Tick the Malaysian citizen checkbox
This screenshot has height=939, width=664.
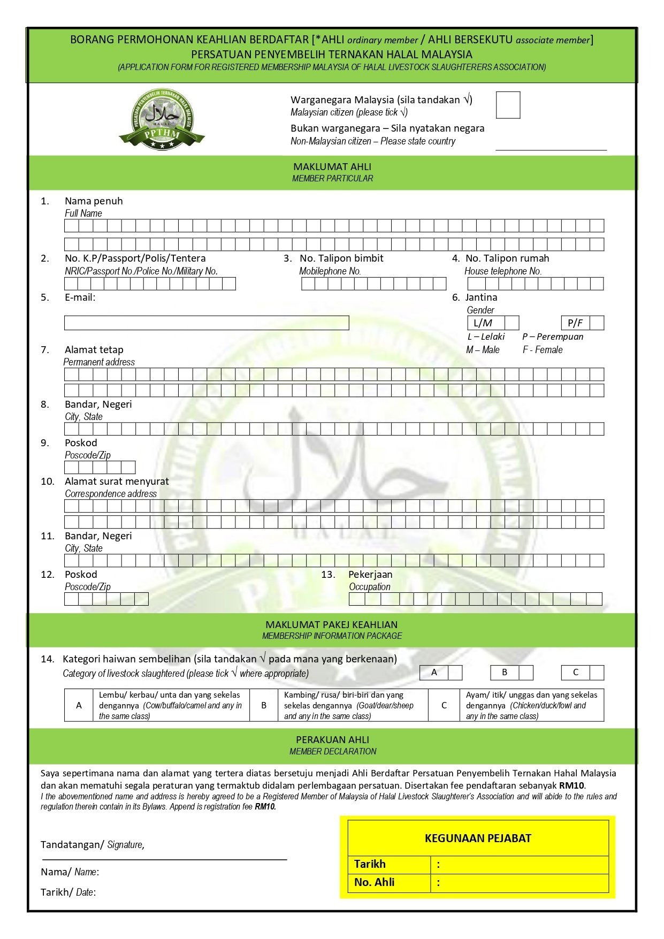click(508, 105)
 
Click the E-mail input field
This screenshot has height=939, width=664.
click(207, 323)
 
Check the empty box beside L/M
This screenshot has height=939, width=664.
click(512, 323)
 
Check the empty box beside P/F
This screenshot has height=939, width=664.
click(597, 323)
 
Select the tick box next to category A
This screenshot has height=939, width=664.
click(455, 673)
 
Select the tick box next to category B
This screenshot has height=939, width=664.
click(526, 673)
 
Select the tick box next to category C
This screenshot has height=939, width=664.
click(597, 673)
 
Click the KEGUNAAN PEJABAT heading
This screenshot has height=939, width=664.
click(478, 838)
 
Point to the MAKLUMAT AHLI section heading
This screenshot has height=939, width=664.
click(332, 167)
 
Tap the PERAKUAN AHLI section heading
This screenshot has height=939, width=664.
click(332, 739)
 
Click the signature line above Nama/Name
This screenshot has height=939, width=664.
click(164, 858)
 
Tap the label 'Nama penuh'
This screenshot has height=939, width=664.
click(94, 201)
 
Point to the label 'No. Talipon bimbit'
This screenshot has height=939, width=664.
click(341, 258)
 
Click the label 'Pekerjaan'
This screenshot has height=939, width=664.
click(370, 574)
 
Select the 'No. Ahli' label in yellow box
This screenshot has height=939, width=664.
click(375, 882)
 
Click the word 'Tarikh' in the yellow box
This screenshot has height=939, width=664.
click(370, 864)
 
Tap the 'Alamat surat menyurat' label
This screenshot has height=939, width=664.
click(117, 481)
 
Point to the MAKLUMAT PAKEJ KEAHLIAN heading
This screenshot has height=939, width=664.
click(332, 624)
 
